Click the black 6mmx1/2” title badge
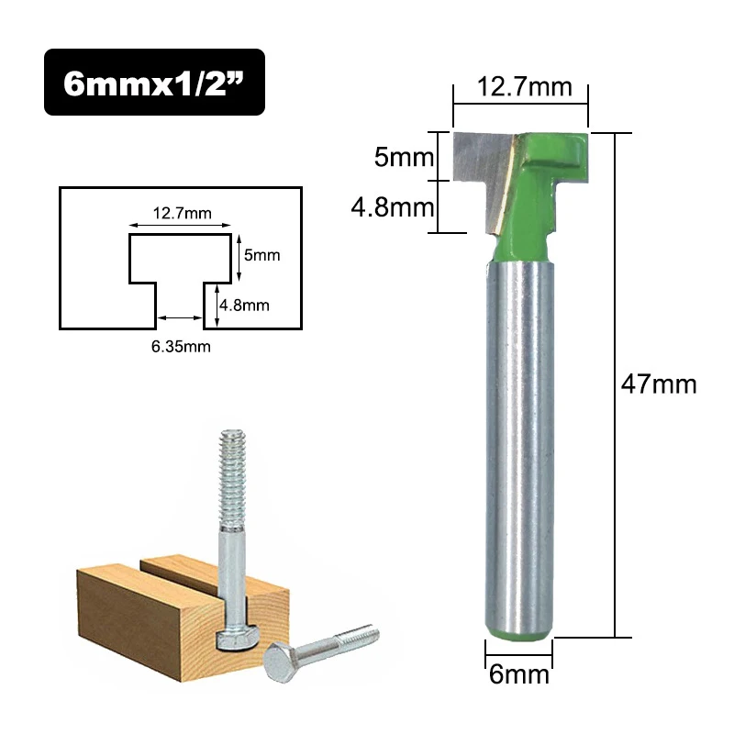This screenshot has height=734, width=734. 154,82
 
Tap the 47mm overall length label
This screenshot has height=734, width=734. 659,384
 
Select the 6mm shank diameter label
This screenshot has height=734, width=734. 518,675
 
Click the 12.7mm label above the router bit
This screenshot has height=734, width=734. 519,88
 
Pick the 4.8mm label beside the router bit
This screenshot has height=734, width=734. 393,206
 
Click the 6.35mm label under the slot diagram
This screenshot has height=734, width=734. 180,346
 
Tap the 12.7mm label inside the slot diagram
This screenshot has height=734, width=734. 181,214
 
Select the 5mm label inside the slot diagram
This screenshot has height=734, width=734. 261,256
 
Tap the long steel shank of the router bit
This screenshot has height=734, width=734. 518,440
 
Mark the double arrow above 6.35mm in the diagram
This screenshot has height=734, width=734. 180,318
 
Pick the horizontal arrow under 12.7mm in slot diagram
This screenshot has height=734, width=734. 180,226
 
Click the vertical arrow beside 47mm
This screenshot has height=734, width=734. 616,384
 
